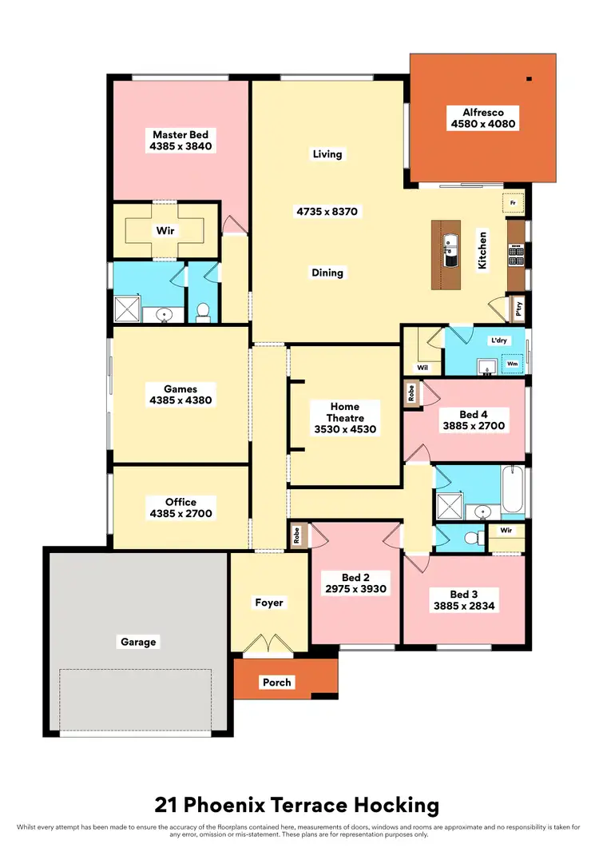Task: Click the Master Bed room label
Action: (180, 135)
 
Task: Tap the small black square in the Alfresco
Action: (529, 78)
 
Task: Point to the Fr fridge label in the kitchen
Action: (512, 204)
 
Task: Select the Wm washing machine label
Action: (512, 363)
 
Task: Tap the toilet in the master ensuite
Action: (203, 311)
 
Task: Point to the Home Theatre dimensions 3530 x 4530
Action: (345, 429)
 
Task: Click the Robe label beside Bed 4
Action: (411, 393)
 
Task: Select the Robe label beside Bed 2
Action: (296, 534)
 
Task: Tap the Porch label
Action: (277, 682)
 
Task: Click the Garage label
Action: (138, 641)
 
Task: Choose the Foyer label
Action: (269, 603)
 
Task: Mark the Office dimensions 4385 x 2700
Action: (180, 513)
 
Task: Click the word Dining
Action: (327, 273)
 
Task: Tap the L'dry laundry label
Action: (498, 340)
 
